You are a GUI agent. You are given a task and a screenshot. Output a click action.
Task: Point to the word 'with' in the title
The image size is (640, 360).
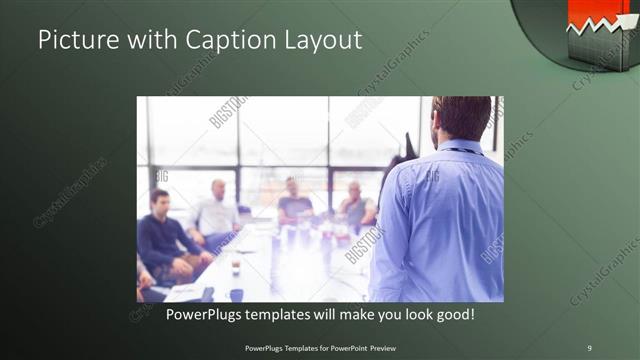tap(149, 40)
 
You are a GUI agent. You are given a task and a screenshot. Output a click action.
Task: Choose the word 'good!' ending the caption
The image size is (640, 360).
tap(454, 315)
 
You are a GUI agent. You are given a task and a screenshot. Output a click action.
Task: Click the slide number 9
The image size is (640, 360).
tap(589, 347)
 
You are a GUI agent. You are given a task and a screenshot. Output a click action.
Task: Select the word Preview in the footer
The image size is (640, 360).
tap(380, 347)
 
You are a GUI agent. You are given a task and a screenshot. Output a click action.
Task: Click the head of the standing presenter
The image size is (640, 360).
tap(461, 117)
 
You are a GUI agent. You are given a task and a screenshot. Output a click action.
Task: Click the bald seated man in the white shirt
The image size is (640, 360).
tap(216, 212)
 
